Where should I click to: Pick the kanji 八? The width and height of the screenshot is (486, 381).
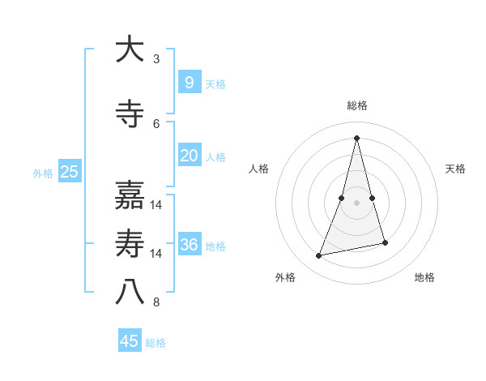[130, 293]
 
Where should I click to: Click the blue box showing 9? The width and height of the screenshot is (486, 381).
[189, 82]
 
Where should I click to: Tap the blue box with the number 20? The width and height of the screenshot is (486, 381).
[189, 156]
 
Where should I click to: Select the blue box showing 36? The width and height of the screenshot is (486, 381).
[189, 245]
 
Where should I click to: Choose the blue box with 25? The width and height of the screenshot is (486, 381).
[69, 171]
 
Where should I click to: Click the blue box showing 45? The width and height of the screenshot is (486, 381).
[130, 341]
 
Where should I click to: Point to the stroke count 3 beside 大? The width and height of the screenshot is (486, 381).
[156, 59]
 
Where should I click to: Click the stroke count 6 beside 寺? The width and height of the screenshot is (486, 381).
[156, 124]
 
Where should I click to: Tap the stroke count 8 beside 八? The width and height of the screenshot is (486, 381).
[156, 303]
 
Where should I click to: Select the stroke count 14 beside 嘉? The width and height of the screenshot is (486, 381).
[157, 205]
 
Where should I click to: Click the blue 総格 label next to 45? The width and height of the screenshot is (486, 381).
[156, 343]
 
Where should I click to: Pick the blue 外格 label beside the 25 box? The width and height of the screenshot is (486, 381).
[43, 173]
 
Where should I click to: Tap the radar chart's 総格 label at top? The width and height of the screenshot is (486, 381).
[356, 105]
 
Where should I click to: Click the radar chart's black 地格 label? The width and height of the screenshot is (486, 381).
[424, 277]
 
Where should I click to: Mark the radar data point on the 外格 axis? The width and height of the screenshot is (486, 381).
[319, 256]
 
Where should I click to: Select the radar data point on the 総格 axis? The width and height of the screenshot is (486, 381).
[356, 138]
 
